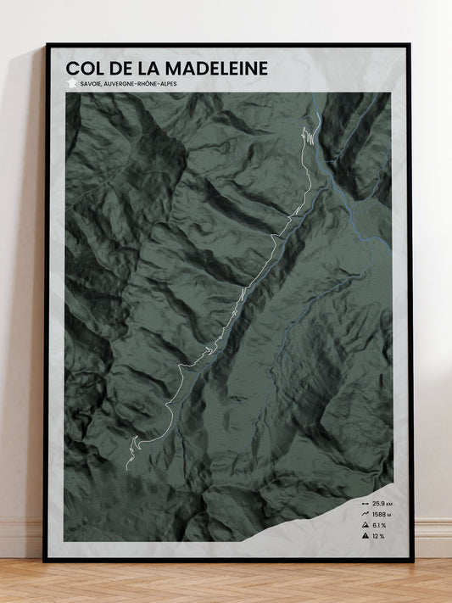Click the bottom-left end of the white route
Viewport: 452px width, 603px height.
click(x=126, y=467)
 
